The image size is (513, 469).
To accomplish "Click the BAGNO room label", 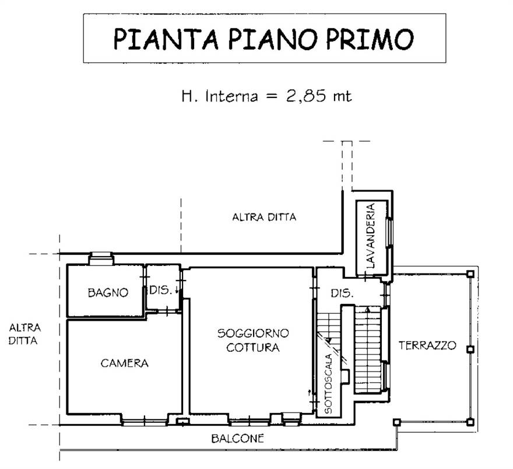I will click(x=107, y=293).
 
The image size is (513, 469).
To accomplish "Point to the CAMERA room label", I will click(x=124, y=363).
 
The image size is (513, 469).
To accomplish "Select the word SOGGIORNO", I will click(x=253, y=334).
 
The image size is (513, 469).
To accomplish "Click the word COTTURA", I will click(x=253, y=348).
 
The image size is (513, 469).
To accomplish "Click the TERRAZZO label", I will click(x=427, y=345).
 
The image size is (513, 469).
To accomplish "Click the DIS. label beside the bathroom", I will click(x=161, y=289).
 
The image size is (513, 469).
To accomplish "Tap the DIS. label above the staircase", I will click(x=342, y=293).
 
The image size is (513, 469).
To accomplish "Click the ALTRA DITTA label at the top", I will click(x=264, y=218).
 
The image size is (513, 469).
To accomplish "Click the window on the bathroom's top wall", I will click(x=100, y=257).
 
